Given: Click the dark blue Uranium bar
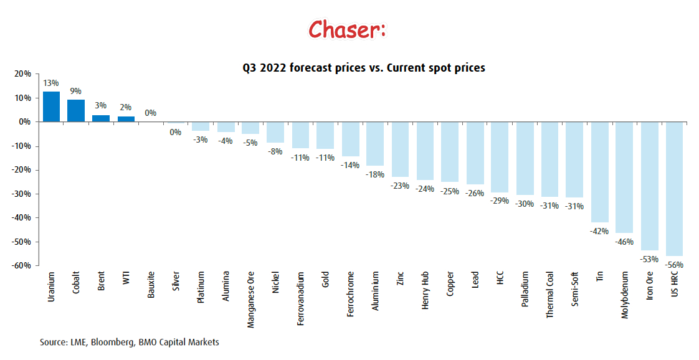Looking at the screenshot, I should tap(51, 107).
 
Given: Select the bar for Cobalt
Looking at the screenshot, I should tap(76, 111).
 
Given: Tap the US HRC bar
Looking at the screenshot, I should tap(674, 189).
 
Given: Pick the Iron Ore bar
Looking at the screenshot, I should tap(649, 186).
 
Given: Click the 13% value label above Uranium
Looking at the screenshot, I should tap(51, 83).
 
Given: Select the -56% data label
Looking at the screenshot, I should tap(674, 265).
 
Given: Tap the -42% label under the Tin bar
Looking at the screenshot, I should tap(599, 231).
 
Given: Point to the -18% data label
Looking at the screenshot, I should tap(375, 174).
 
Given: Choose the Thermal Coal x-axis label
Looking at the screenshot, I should tap(549, 295).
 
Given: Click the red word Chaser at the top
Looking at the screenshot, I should tap(346, 29).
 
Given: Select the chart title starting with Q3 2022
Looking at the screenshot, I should tap(364, 67).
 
